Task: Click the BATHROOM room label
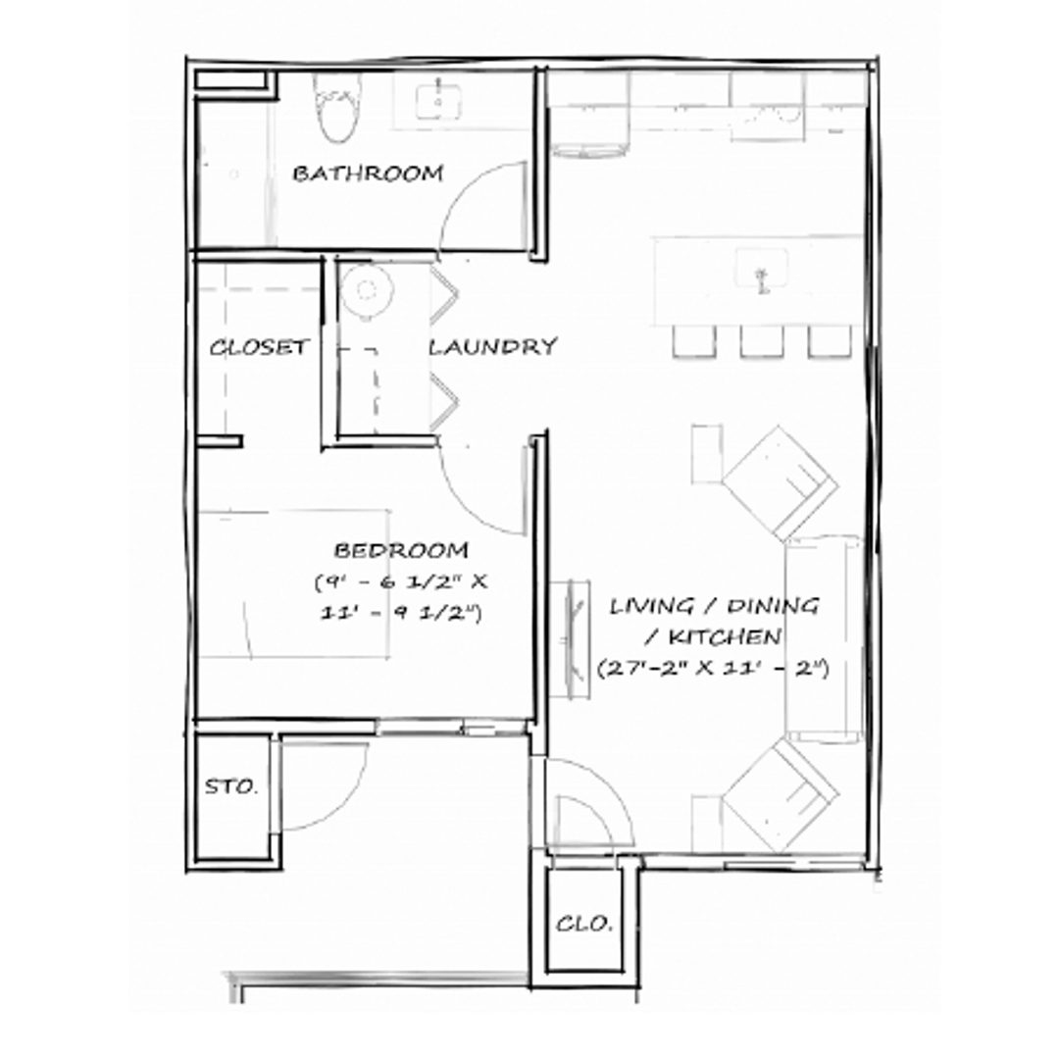[368, 174]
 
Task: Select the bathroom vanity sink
[438, 101]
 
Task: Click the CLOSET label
[259, 347]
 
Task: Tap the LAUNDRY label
[493, 346]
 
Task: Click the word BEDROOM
[401, 550]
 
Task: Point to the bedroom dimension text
[401, 597]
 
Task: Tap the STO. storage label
[232, 786]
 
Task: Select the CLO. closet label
[584, 923]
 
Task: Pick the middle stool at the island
[759, 340]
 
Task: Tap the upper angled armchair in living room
[779, 480]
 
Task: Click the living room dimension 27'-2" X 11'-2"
[714, 670]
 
